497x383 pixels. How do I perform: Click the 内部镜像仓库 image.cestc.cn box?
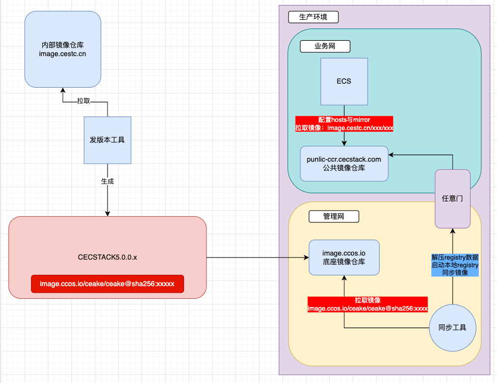tap(63, 49)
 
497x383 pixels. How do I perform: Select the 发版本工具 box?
tap(108, 140)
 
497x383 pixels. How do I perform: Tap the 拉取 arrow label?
tap(84, 101)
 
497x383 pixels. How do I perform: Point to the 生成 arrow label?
tap(108, 181)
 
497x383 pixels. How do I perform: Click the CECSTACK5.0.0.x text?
tap(107, 257)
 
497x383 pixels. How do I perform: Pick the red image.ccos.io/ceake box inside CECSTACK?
tap(107, 284)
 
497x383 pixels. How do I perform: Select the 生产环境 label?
tap(313, 17)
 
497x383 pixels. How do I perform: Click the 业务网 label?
tap(325, 46)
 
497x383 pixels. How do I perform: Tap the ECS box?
tap(344, 81)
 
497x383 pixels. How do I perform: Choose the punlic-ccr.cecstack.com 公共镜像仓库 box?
tap(344, 163)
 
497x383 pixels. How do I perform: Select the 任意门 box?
tap(453, 198)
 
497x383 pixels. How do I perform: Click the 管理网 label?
tap(334, 216)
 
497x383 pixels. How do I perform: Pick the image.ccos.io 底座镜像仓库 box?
tap(344, 257)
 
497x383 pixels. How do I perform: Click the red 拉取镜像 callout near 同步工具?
tap(368, 304)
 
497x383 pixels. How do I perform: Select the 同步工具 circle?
tap(452, 327)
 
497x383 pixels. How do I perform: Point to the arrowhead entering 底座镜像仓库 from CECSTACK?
tap(306, 257)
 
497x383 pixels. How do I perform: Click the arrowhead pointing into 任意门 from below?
tap(452, 231)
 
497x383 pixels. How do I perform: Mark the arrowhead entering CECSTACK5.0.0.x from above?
tap(108, 214)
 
